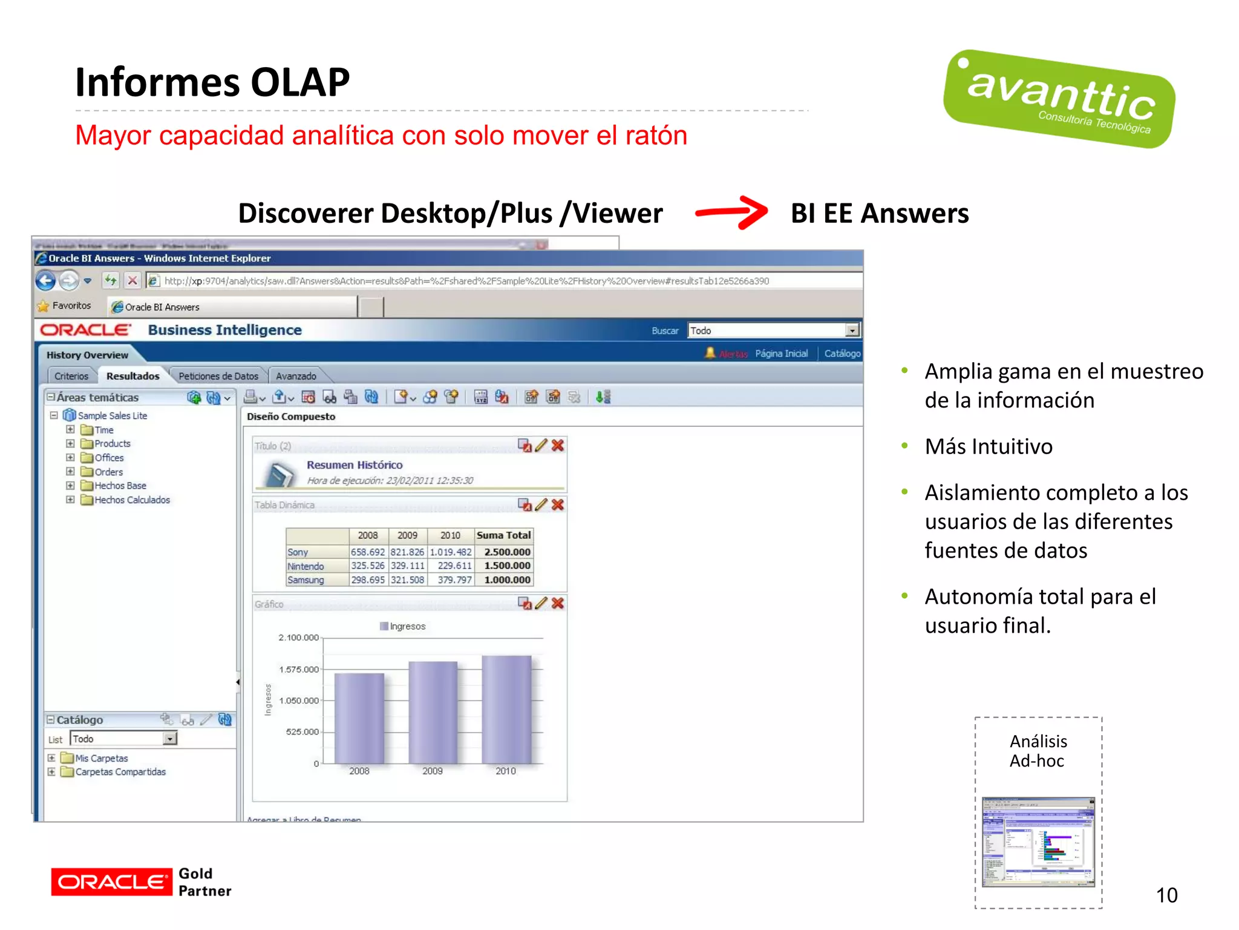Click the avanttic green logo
pos(1059,99)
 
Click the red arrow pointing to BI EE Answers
pos(731,213)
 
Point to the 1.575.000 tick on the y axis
pos(299,669)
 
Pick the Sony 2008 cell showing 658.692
pos(368,552)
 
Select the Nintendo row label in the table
pos(306,566)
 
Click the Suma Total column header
pos(503,535)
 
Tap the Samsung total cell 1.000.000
pos(507,580)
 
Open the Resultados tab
pos(132,376)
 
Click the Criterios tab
pos(71,376)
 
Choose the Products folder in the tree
pos(112,444)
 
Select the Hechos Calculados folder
pos(132,500)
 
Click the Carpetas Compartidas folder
pos(120,772)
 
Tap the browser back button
pos(45,280)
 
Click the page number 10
pos(1166,895)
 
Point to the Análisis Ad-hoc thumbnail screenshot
pos(1038,842)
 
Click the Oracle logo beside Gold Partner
pos(111,882)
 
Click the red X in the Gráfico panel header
pos(558,603)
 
